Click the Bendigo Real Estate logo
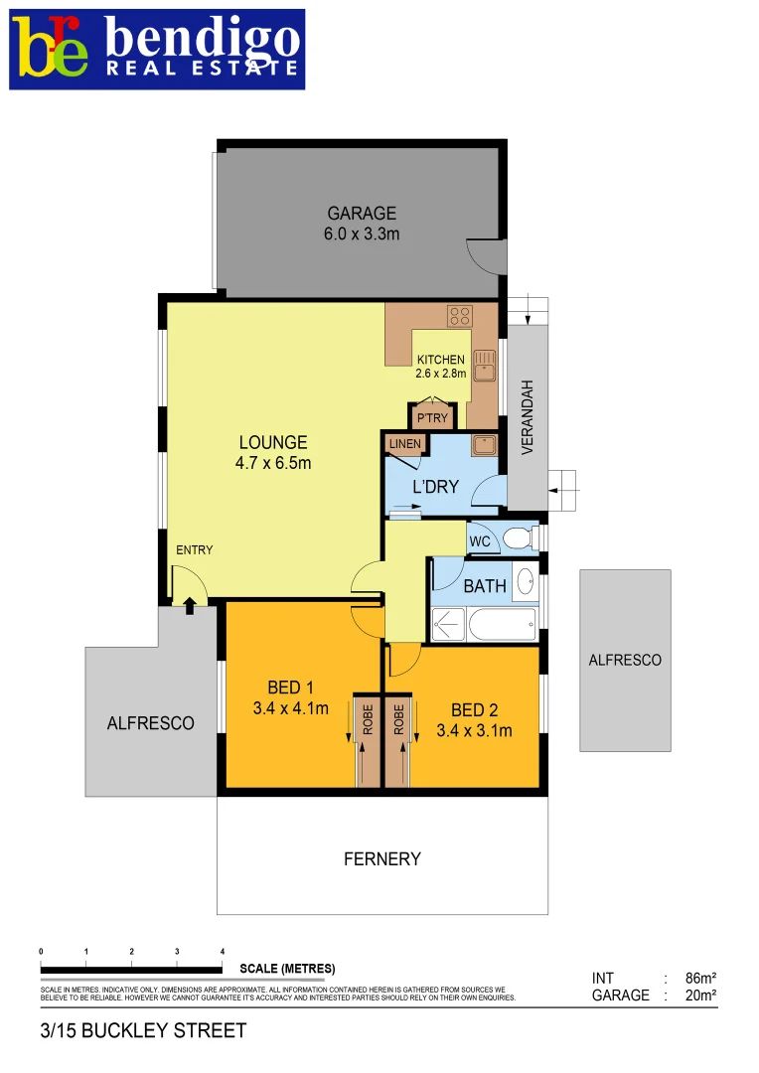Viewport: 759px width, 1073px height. point(157,50)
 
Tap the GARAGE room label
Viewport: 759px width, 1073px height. point(362,213)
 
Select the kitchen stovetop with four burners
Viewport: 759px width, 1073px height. point(459,316)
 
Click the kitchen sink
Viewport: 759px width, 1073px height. point(484,366)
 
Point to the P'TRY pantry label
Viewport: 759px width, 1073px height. point(432,418)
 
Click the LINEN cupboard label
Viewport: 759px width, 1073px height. point(405,444)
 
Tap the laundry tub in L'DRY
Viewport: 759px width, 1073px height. point(484,445)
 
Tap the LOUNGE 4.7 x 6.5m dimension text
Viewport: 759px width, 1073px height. point(272,462)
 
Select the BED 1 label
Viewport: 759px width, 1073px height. point(291,688)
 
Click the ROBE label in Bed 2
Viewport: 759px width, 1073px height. point(398,719)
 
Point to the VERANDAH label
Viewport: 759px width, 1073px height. point(528,417)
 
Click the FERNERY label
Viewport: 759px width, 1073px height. point(382,859)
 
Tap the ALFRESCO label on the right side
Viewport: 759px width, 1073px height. point(625,660)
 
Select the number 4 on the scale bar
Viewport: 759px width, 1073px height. point(222,951)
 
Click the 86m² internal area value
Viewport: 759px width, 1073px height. point(700,978)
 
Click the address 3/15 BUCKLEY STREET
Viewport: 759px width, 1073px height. point(143,1031)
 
